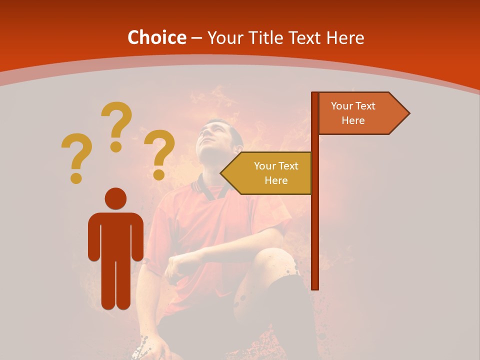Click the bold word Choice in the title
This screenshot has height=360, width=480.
tap(156, 37)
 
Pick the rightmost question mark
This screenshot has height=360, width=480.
tap(159, 154)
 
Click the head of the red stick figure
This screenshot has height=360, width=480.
tap(115, 198)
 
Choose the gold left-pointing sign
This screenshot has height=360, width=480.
tap(270, 173)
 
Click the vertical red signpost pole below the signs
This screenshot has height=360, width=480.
tap(315, 240)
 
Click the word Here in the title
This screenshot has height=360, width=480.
tap(344, 37)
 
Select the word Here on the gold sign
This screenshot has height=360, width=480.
tap(276, 180)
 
